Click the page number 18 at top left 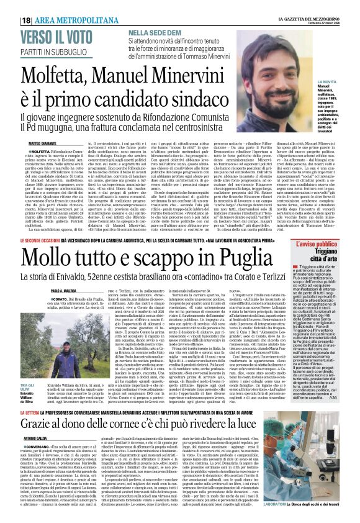click(x=28, y=20)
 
